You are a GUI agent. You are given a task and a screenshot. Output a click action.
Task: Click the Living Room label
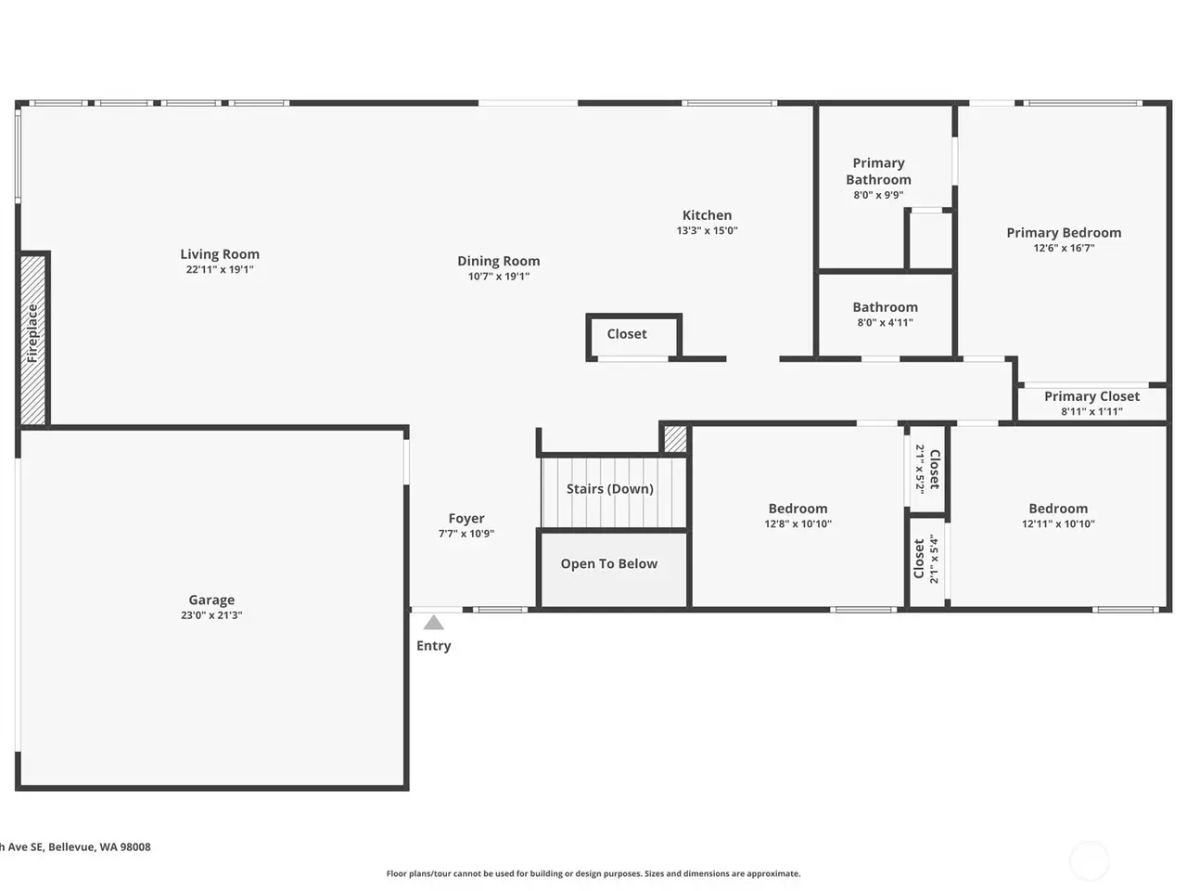tap(220, 253)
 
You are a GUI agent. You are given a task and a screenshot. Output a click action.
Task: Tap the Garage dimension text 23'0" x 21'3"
tap(211, 615)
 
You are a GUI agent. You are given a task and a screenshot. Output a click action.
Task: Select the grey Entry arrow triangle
tap(433, 623)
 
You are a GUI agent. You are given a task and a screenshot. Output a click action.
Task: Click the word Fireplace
tap(32, 333)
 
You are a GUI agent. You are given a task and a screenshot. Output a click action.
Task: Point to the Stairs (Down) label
tap(610, 488)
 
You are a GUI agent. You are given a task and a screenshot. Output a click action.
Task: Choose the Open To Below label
tap(609, 563)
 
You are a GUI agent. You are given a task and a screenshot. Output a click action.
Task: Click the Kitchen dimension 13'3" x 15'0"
tap(707, 230)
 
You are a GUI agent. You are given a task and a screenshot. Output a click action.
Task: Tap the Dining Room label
tap(499, 261)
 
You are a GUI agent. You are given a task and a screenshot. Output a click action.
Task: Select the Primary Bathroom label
tap(878, 171)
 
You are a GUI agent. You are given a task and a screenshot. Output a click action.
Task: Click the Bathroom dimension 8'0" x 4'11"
tap(886, 322)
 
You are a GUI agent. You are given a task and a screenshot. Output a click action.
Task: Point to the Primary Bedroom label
tap(1064, 233)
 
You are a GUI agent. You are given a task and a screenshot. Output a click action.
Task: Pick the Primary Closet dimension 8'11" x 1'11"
tap(1091, 411)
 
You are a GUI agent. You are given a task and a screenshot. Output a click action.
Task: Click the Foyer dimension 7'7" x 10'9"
tap(466, 534)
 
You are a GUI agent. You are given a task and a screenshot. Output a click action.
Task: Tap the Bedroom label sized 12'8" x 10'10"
tap(798, 509)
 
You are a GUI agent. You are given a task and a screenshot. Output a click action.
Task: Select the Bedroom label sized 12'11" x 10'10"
tap(1058, 509)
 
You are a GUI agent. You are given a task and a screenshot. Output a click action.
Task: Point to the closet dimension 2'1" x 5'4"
tap(934, 559)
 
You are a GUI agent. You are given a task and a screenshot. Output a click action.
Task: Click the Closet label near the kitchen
tap(627, 334)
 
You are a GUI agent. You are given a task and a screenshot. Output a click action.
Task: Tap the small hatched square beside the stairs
tap(675, 439)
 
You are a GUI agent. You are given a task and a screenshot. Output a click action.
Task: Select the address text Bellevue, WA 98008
tap(99, 846)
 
